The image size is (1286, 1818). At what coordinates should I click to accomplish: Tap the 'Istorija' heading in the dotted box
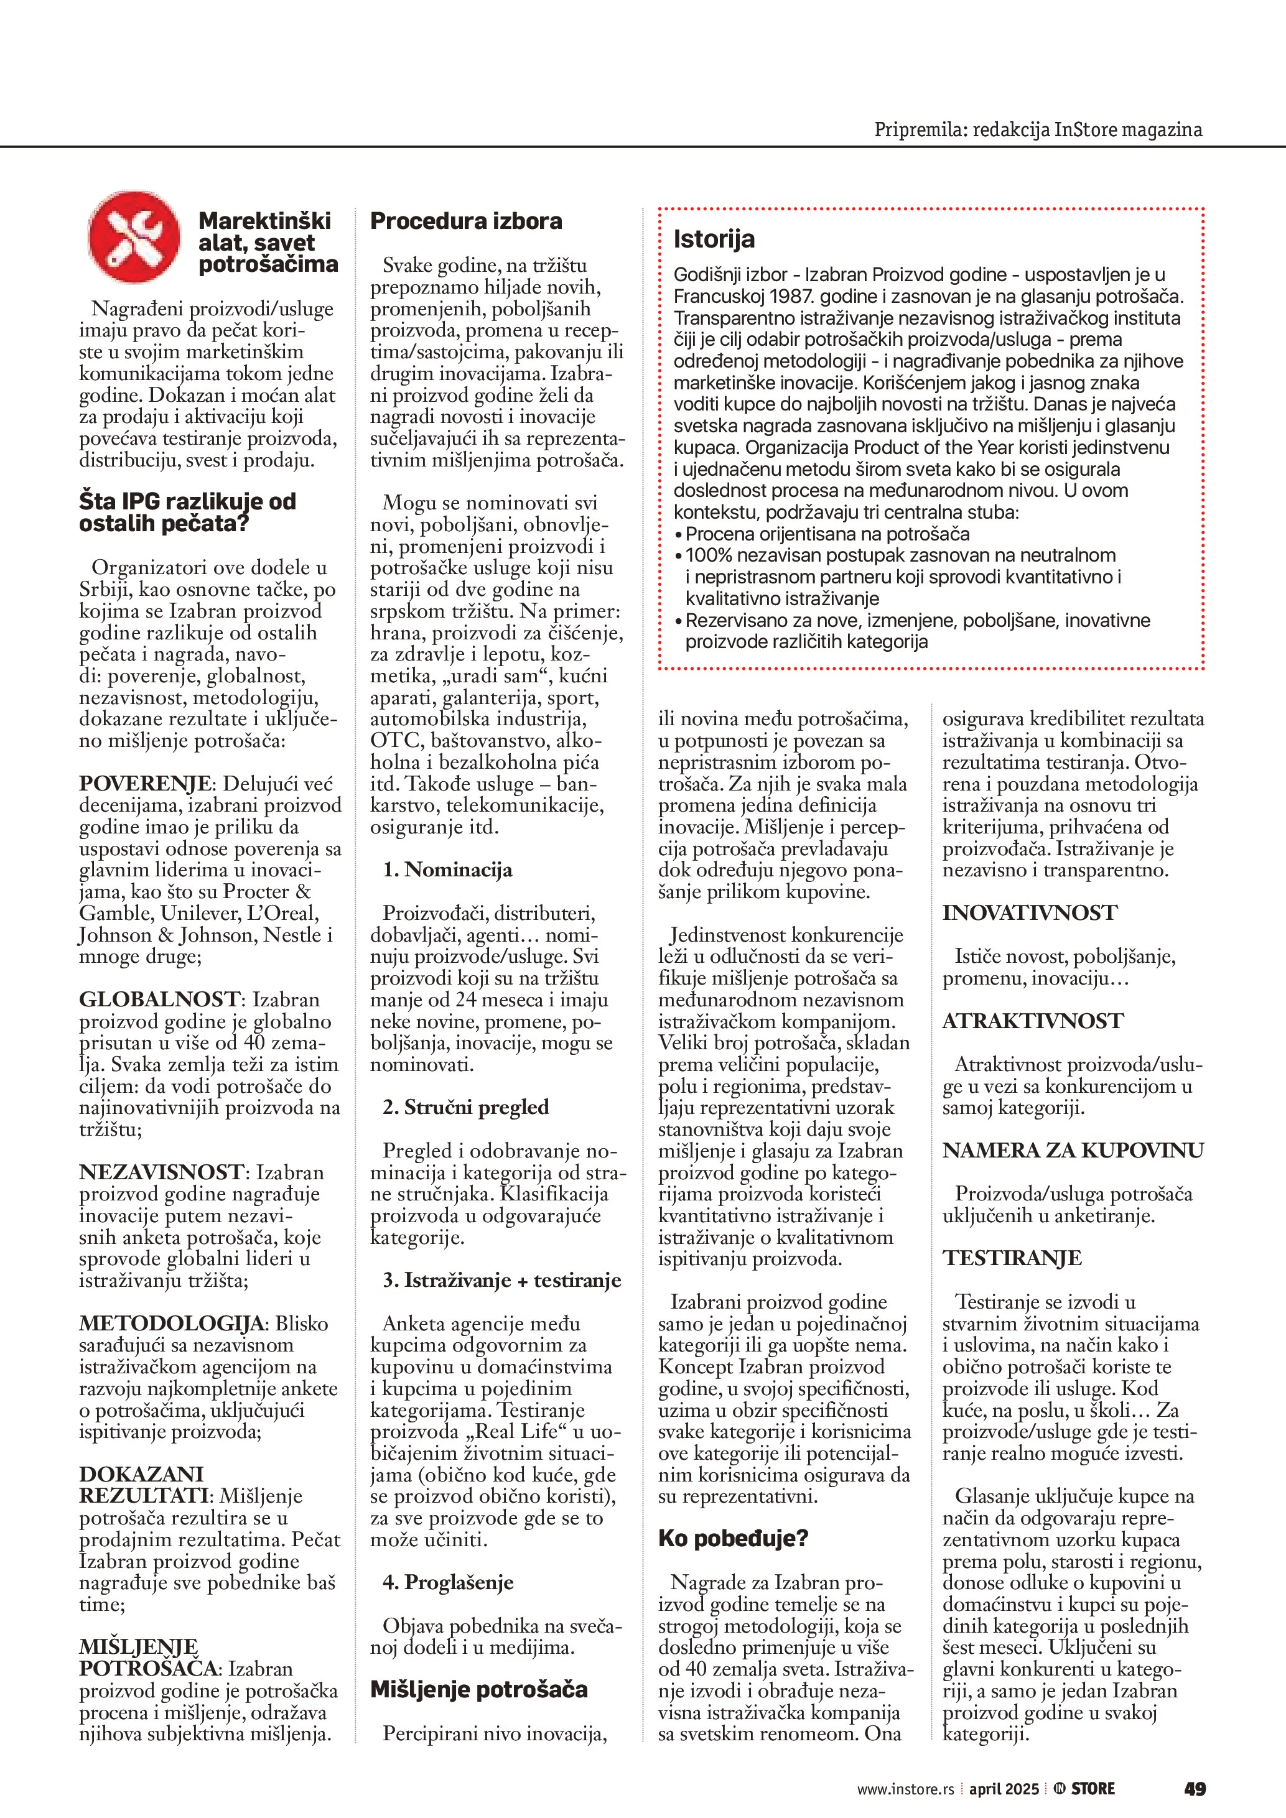pyautogui.click(x=714, y=238)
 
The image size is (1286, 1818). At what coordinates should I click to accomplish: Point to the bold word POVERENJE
pyautogui.click(x=145, y=783)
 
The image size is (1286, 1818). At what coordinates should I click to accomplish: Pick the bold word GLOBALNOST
pyautogui.click(x=159, y=999)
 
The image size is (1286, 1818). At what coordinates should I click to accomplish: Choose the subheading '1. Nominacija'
pyautogui.click(x=447, y=870)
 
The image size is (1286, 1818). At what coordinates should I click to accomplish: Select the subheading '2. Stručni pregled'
pyautogui.click(x=465, y=1107)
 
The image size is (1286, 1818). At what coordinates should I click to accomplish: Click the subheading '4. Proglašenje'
pyautogui.click(x=448, y=1582)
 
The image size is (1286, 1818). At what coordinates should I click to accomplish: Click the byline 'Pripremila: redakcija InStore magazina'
pyautogui.click(x=1037, y=129)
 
